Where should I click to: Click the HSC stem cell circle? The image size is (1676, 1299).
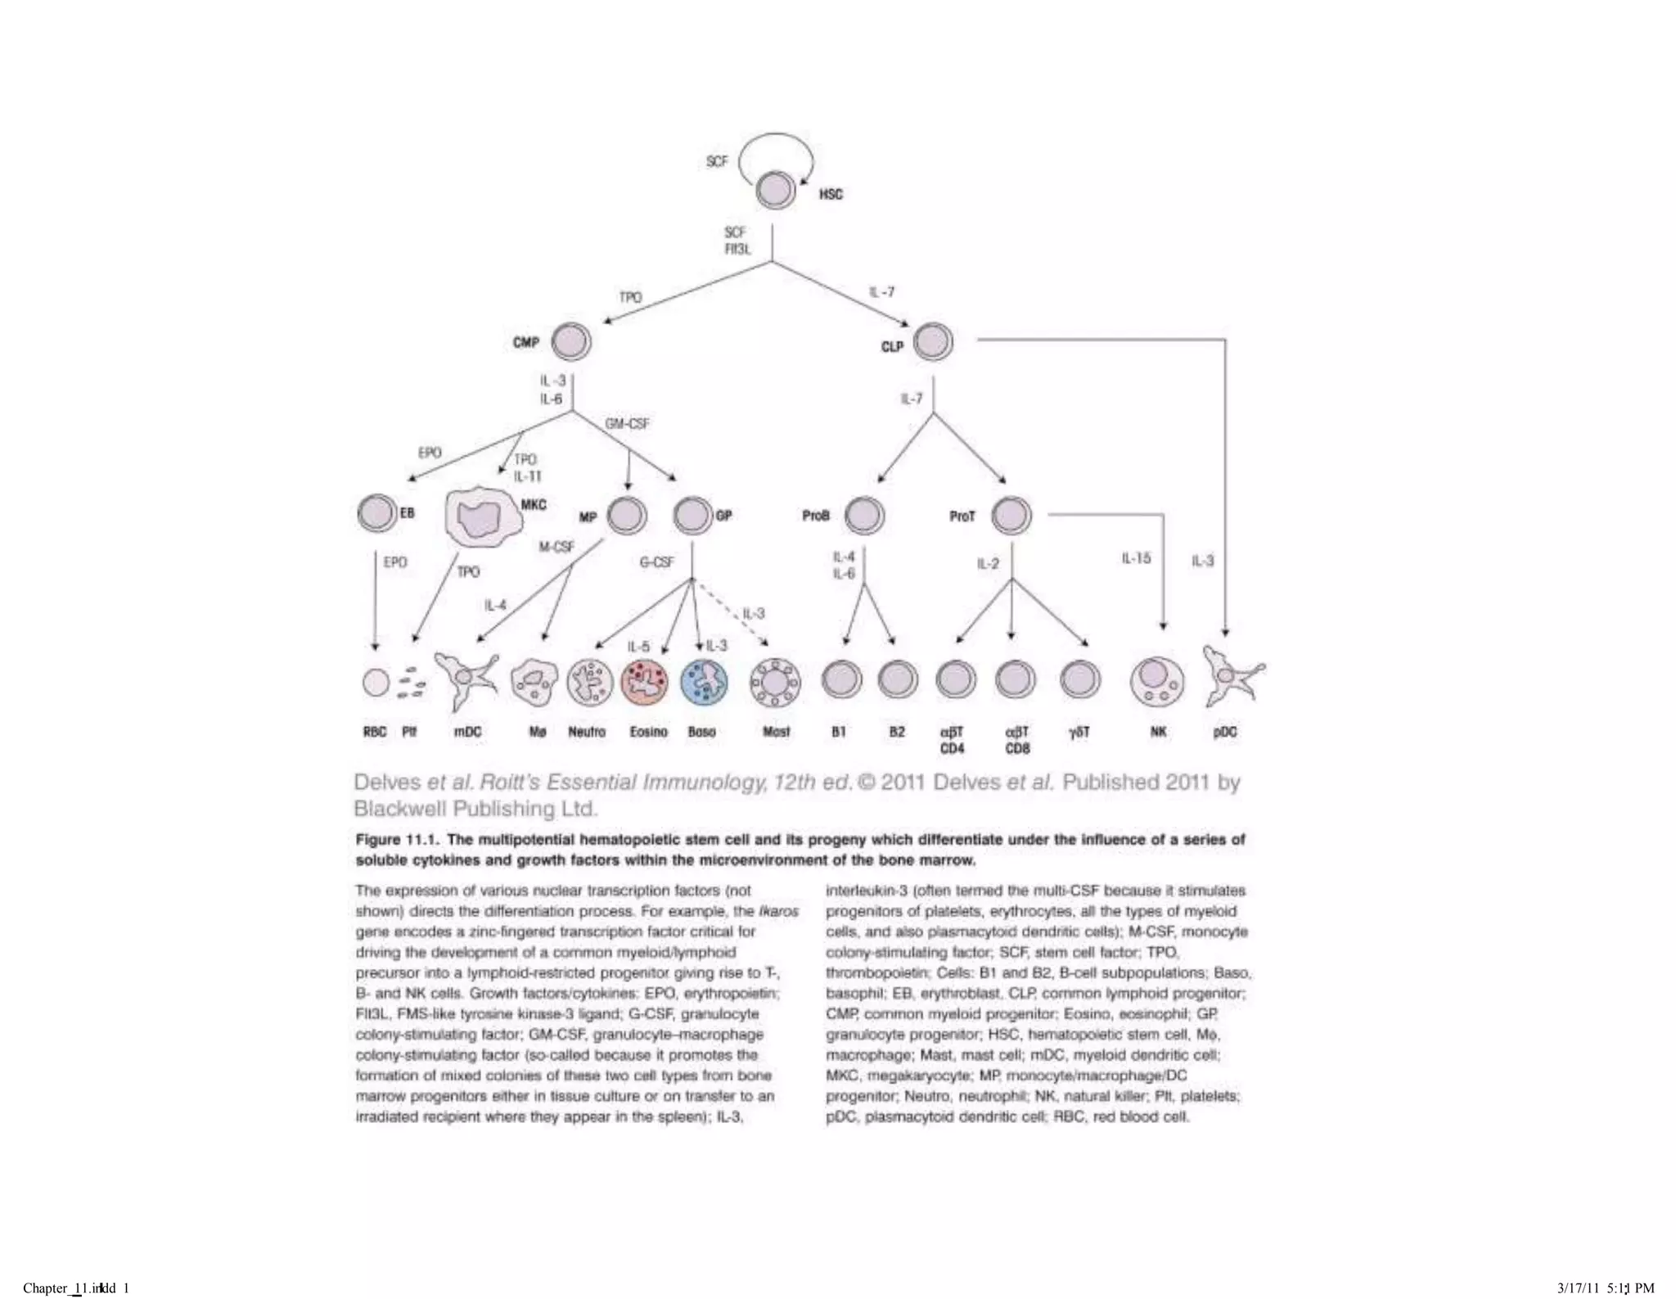[775, 191]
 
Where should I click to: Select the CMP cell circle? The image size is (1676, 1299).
[571, 342]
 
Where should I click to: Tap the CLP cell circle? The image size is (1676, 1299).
[933, 341]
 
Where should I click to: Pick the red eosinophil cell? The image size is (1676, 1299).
[646, 682]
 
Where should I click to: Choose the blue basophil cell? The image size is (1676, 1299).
[704, 682]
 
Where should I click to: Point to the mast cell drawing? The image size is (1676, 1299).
[775, 682]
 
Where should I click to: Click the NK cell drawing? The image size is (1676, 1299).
[1156, 681]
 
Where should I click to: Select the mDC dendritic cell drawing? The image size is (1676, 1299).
[466, 679]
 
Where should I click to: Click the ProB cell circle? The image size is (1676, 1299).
[864, 516]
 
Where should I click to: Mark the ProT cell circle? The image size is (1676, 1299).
[1011, 516]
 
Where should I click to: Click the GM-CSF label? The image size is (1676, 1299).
[627, 424]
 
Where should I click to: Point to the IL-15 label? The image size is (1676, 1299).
[1136, 558]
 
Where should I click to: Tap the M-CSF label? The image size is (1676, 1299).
[556, 547]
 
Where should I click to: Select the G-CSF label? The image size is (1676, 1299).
[656, 562]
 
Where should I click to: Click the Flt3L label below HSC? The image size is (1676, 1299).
[737, 249]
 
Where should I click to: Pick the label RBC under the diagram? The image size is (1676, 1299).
[375, 732]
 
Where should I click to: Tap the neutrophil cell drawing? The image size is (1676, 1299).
[589, 682]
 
